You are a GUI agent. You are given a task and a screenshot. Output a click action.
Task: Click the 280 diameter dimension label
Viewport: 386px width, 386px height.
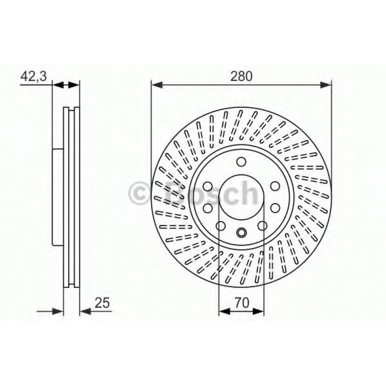pos(241,76)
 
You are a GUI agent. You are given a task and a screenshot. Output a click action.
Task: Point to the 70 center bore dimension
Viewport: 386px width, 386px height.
pos(241,303)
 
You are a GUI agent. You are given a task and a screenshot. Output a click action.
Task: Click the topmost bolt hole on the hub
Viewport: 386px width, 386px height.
pos(241,161)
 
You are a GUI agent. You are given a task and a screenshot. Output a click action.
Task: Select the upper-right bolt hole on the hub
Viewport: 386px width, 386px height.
pos(275,186)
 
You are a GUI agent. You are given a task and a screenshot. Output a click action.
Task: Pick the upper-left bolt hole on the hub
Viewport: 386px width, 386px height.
pos(208,186)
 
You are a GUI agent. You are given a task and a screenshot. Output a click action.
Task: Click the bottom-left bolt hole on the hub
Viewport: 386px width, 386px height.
pos(221,226)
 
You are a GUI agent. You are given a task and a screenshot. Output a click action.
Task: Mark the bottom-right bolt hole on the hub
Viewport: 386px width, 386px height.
pos(262,226)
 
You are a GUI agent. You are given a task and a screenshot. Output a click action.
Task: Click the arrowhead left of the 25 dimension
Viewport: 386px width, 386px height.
pos(59,311)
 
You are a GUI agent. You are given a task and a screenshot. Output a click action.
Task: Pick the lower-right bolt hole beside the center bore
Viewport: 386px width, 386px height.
pos(276,208)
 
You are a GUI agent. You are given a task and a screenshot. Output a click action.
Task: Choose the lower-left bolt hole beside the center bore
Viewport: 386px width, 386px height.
pos(208,208)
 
